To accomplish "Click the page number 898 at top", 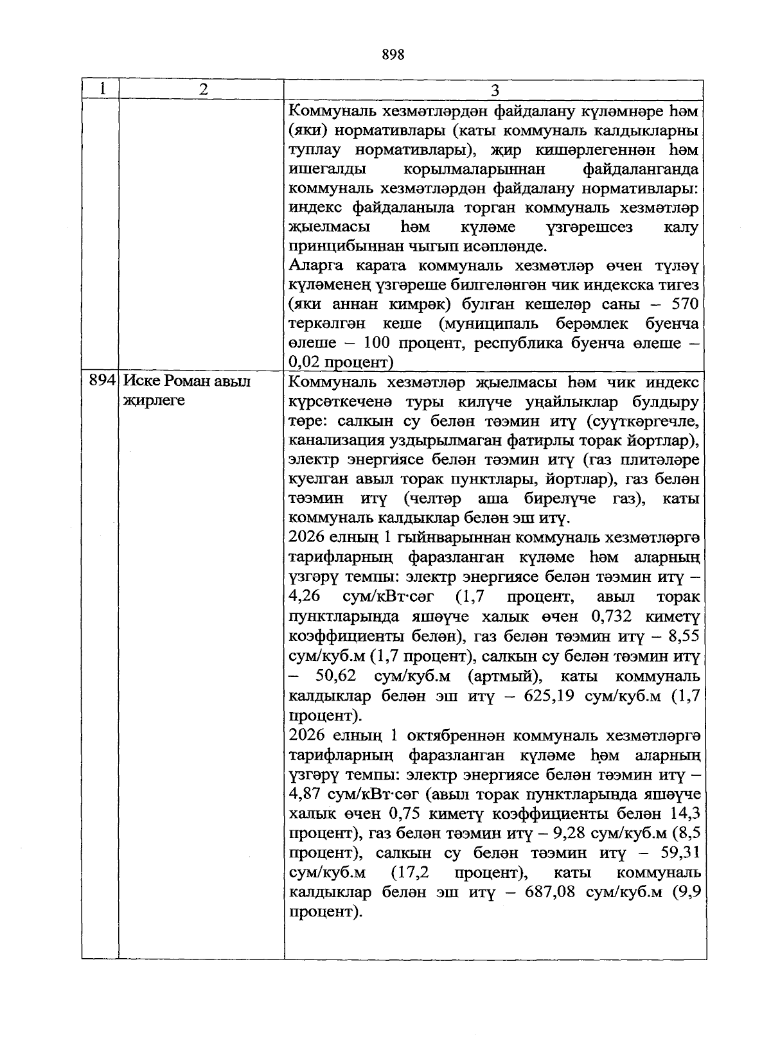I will tap(393, 55).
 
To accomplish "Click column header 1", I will tap(101, 89).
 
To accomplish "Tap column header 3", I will tap(495, 90).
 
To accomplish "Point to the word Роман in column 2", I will tap(187, 381).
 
